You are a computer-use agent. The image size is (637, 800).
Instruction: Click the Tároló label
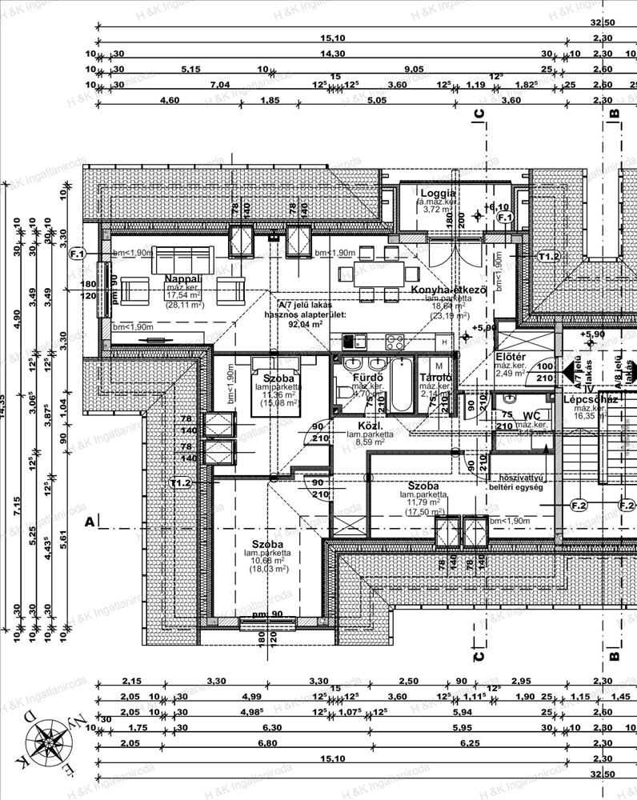click(x=436, y=378)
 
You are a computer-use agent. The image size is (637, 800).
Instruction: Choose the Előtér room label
click(x=510, y=357)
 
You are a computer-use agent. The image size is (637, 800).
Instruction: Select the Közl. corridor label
click(x=367, y=426)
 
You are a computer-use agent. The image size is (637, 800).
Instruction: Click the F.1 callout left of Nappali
click(x=78, y=254)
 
